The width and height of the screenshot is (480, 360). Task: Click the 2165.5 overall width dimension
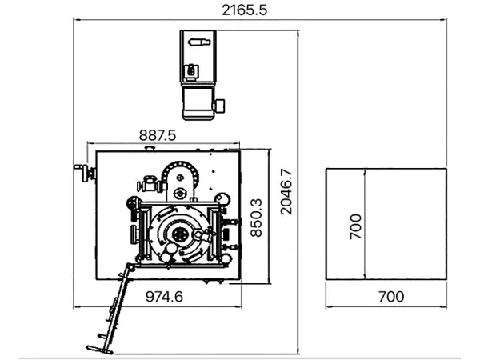(244, 10)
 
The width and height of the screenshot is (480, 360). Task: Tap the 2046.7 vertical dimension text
(286, 192)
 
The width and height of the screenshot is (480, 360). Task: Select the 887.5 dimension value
(158, 135)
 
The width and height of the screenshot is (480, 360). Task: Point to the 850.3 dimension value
(256, 218)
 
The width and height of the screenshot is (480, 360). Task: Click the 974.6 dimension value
(164, 297)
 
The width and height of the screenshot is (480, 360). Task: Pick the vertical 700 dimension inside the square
(355, 226)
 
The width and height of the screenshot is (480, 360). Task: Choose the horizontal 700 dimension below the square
(391, 297)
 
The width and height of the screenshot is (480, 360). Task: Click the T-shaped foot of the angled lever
(99, 350)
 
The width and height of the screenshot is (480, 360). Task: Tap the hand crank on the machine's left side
(85, 173)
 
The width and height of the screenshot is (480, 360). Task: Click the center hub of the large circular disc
(179, 234)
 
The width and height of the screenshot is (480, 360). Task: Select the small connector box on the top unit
(191, 71)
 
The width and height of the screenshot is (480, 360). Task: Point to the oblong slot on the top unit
(199, 42)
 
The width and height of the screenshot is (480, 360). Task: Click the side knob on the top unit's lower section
(219, 106)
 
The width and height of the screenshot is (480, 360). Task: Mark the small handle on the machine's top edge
(150, 149)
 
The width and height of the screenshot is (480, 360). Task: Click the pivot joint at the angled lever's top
(130, 267)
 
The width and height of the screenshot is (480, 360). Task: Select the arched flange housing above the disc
(180, 182)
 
